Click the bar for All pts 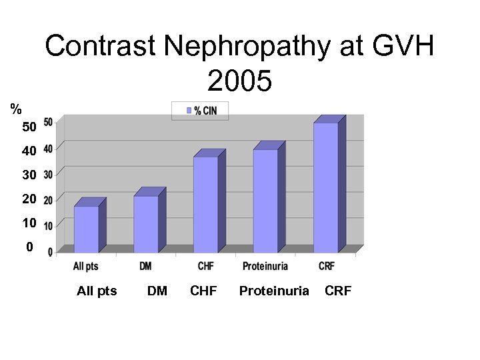[x=86, y=229]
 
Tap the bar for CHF [x=205, y=205]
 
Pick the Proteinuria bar [x=265, y=201]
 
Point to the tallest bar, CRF [x=325, y=187]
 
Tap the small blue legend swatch [x=189, y=111]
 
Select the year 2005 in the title [x=239, y=81]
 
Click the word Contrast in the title [x=101, y=47]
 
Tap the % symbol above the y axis [x=15, y=109]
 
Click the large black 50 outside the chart [x=29, y=127]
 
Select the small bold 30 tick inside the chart [x=49, y=174]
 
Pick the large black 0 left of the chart [x=29, y=247]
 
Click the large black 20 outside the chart [x=29, y=199]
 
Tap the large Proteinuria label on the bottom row [x=274, y=291]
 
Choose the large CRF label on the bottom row [x=338, y=291]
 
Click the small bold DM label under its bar [x=145, y=266]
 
